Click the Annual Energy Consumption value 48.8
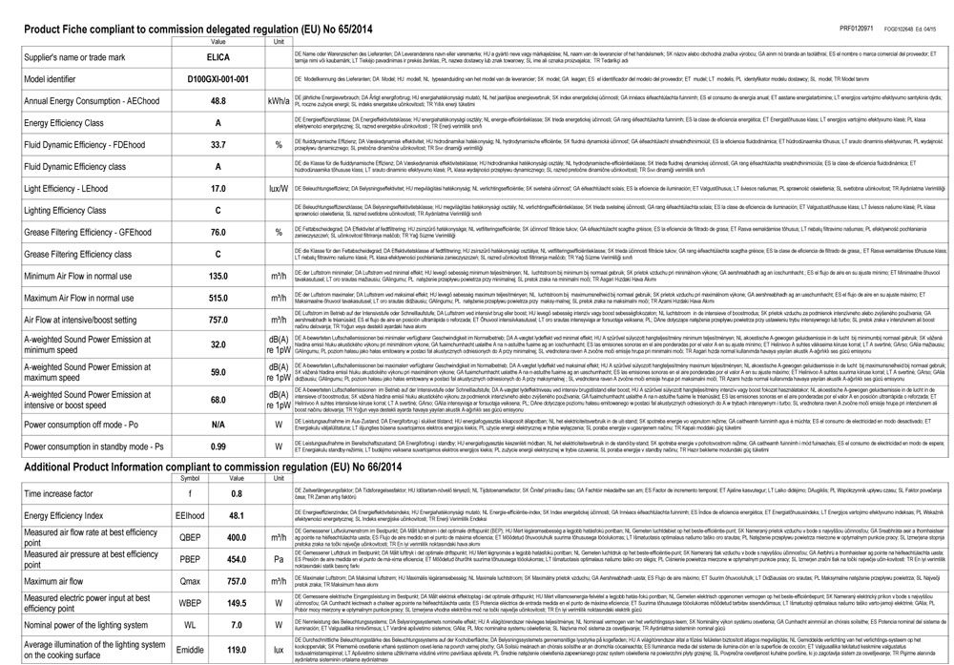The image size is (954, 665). click(218, 100)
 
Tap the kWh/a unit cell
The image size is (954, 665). click(279, 100)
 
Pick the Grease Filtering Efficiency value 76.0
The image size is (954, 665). click(218, 232)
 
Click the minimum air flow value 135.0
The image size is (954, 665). click(218, 276)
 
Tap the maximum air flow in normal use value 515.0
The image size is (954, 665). click(218, 298)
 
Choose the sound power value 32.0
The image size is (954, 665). click(218, 343)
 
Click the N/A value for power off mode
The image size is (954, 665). click(218, 424)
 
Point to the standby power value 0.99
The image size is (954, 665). click(218, 446)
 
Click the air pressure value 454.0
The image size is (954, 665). click(238, 560)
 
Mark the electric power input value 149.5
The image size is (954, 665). click(238, 603)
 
